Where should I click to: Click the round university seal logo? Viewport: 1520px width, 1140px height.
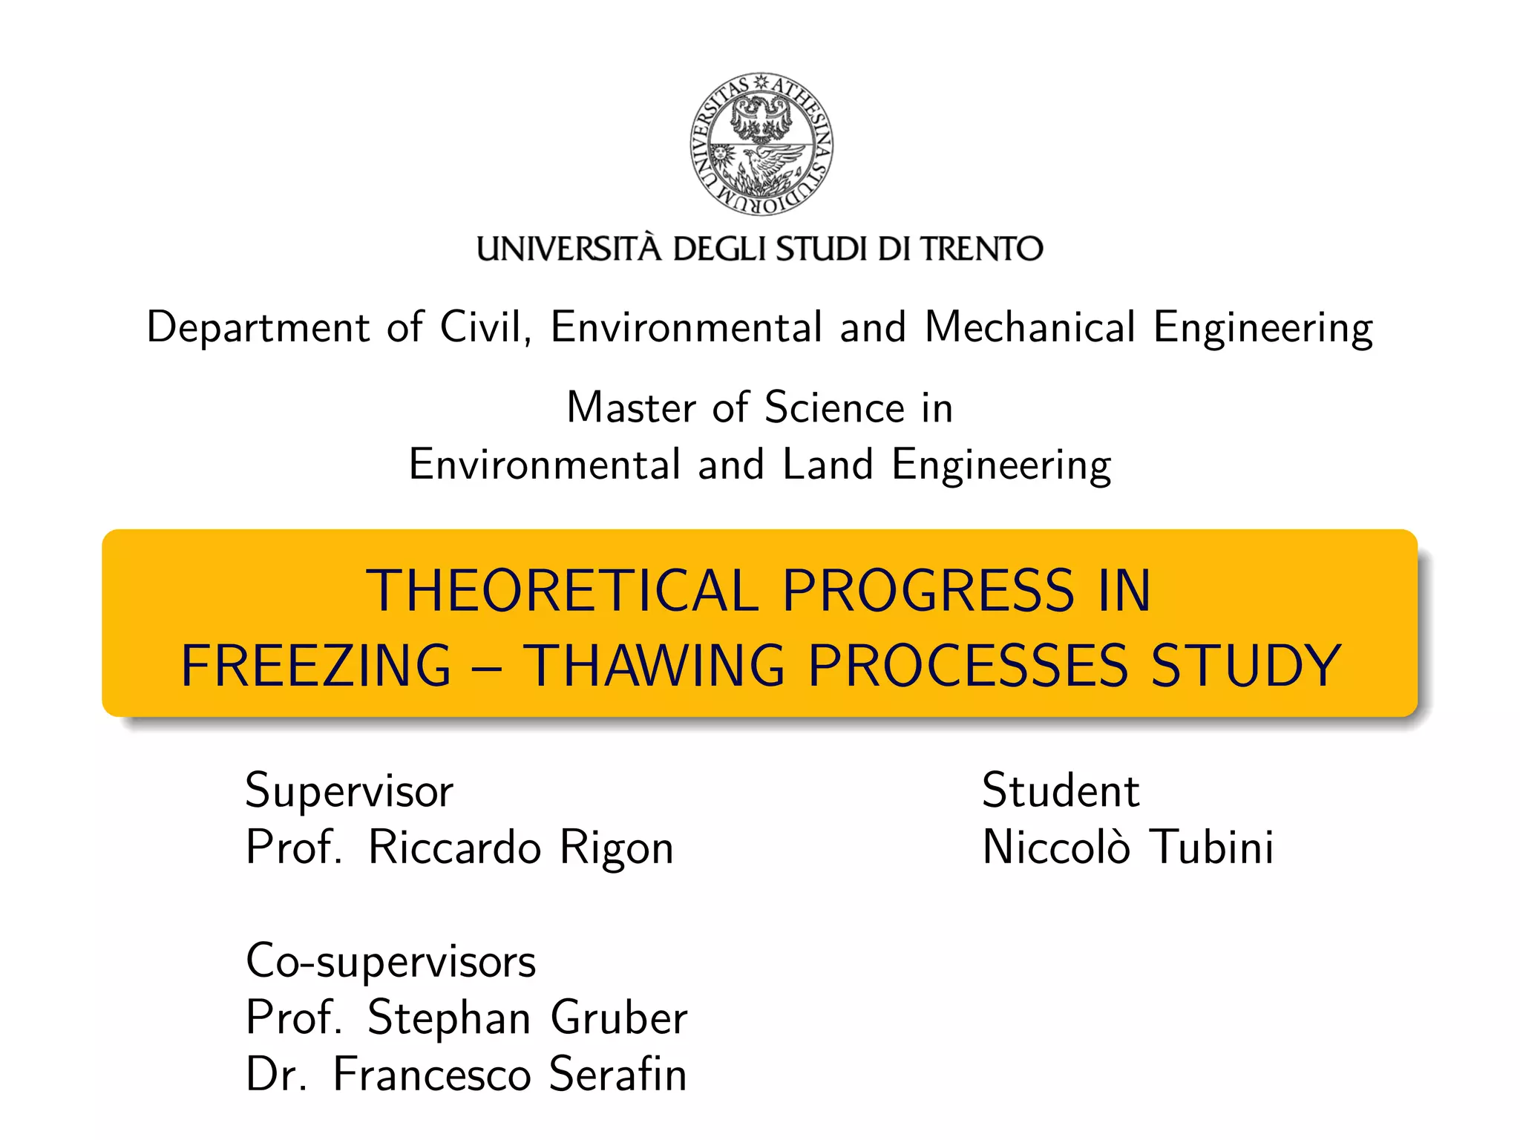(761, 144)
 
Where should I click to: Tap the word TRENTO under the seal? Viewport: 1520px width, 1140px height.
(982, 249)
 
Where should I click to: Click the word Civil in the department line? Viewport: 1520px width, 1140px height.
(485, 327)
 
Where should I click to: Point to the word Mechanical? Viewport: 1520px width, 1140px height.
(1030, 327)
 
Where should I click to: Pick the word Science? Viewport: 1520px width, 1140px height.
(834, 407)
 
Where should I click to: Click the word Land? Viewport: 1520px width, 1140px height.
(828, 465)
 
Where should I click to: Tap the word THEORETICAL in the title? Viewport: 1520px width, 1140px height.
(562, 591)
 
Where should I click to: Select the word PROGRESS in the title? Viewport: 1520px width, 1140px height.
(928, 591)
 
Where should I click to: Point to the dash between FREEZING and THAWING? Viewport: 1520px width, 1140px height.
(487, 666)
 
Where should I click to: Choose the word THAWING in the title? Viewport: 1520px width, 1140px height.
(654, 666)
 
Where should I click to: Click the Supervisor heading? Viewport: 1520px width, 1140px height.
(349, 791)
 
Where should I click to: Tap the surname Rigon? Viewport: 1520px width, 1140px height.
(616, 848)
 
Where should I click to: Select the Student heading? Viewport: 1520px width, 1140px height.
(1060, 790)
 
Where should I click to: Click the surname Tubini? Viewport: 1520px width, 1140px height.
(1211, 848)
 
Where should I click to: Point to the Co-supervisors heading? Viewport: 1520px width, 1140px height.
(390, 962)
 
